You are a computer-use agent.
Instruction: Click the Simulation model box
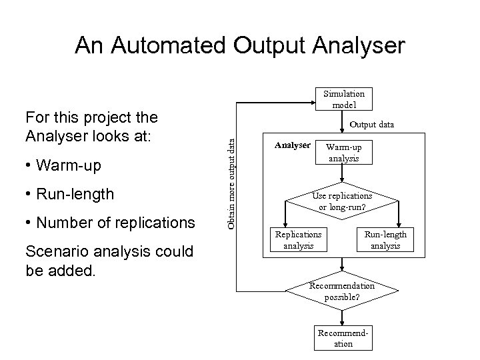click(x=344, y=99)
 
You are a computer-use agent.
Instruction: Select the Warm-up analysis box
click(x=343, y=152)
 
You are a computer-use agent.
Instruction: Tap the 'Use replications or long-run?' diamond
click(x=343, y=201)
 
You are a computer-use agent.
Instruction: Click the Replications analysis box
click(x=298, y=240)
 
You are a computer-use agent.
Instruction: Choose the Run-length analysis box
click(x=385, y=240)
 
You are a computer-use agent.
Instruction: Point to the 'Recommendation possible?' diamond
click(x=343, y=291)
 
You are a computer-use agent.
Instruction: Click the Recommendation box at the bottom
click(x=343, y=338)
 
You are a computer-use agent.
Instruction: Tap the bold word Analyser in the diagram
click(x=293, y=145)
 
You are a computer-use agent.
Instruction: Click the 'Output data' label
click(x=372, y=124)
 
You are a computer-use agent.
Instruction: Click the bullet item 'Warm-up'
click(x=67, y=165)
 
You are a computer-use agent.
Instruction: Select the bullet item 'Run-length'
click(x=73, y=195)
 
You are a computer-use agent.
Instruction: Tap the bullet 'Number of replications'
click(x=114, y=223)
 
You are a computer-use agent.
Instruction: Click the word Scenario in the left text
click(x=57, y=251)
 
